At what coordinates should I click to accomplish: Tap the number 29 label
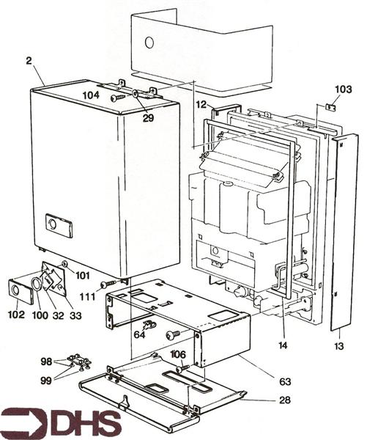coord(149,117)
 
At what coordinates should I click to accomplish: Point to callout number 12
coord(201,105)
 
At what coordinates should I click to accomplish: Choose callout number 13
coord(338,345)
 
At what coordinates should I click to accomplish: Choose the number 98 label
coord(47,362)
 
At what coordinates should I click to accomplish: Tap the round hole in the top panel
coord(149,43)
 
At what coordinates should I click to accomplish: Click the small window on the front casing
coord(56,225)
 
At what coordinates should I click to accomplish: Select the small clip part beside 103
coord(330,107)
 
